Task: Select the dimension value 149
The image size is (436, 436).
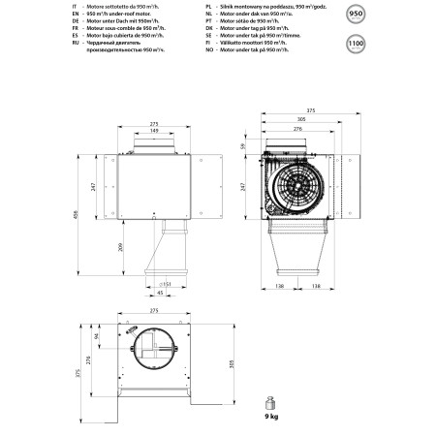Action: coord(154,132)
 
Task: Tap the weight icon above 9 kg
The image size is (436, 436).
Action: coord(272,400)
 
